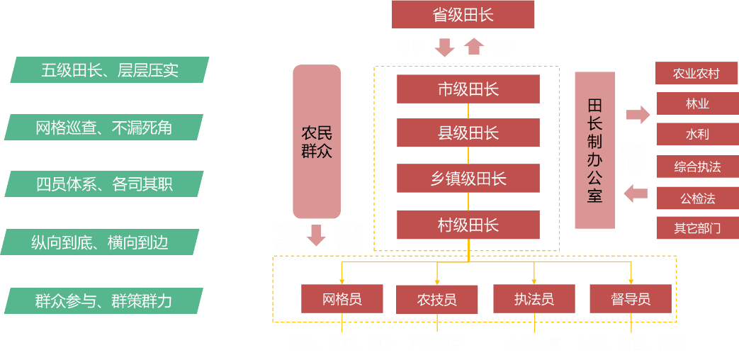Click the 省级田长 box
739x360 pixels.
(x=463, y=15)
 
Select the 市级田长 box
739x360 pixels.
(x=468, y=89)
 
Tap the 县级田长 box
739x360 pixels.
(x=468, y=133)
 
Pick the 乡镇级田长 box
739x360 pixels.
(x=468, y=179)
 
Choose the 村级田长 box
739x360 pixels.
(x=468, y=225)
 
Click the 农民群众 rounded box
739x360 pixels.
(x=317, y=142)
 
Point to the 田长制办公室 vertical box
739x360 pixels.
(x=594, y=150)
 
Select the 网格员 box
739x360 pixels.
(x=342, y=299)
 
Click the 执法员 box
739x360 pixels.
(x=534, y=299)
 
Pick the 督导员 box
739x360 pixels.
(x=630, y=299)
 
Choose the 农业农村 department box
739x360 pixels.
(x=696, y=74)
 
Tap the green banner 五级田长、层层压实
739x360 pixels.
(x=110, y=70)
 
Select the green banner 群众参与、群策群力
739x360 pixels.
(x=103, y=300)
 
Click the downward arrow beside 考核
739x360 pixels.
(x=444, y=47)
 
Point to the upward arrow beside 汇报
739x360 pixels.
(x=474, y=46)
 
